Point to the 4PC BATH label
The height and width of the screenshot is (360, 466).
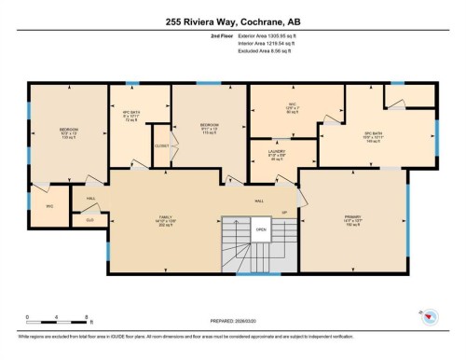[x=130, y=116]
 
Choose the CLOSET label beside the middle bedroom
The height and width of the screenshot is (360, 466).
[x=161, y=146]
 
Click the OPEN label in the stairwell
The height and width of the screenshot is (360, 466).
[x=262, y=228]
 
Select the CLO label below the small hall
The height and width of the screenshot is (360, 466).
[x=90, y=220]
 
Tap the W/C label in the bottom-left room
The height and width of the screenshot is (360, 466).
[x=50, y=207]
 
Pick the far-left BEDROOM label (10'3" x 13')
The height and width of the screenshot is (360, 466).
[x=69, y=132]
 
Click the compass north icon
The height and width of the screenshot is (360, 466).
[x=428, y=317]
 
